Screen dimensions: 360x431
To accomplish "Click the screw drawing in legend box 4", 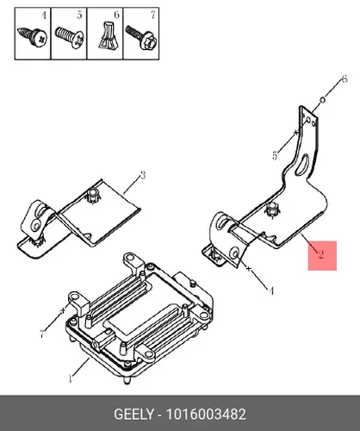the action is pyautogui.click(x=33, y=37).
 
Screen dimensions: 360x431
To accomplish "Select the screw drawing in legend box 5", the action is pyautogui.click(x=70, y=37).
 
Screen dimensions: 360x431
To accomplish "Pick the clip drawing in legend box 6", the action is pyautogui.click(x=108, y=34).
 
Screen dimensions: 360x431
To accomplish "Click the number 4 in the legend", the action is pyautogui.click(x=43, y=16).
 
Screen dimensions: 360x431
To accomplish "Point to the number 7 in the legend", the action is pyautogui.click(x=152, y=15).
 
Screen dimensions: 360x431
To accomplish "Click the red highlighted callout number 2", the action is pyautogui.click(x=320, y=254).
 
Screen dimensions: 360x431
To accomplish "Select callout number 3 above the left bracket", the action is pyautogui.click(x=143, y=175).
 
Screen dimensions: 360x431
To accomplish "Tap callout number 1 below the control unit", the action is pyautogui.click(x=71, y=378).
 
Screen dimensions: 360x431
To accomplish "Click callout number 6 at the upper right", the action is pyautogui.click(x=344, y=79).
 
